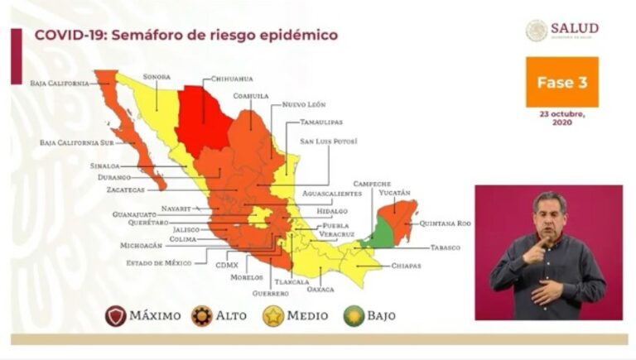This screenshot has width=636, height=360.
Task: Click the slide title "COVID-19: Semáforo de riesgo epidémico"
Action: click(185, 36)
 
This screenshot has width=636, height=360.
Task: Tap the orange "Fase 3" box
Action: click(561, 82)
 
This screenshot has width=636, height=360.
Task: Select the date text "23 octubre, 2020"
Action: click(561, 118)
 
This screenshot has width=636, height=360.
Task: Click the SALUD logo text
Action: click(574, 28)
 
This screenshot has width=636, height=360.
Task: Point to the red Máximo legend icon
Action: click(117, 315)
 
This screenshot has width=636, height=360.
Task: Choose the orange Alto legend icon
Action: click(201, 315)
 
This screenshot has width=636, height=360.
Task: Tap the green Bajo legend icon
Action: click(354, 315)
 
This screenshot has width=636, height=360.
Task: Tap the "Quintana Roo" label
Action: click(445, 223)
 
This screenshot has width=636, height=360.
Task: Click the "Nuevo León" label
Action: click(304, 105)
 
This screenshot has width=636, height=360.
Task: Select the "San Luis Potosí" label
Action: click(328, 142)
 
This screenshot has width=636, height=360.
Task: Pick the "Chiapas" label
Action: click(407, 266)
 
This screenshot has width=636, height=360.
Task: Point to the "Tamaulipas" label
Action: click(320, 122)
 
